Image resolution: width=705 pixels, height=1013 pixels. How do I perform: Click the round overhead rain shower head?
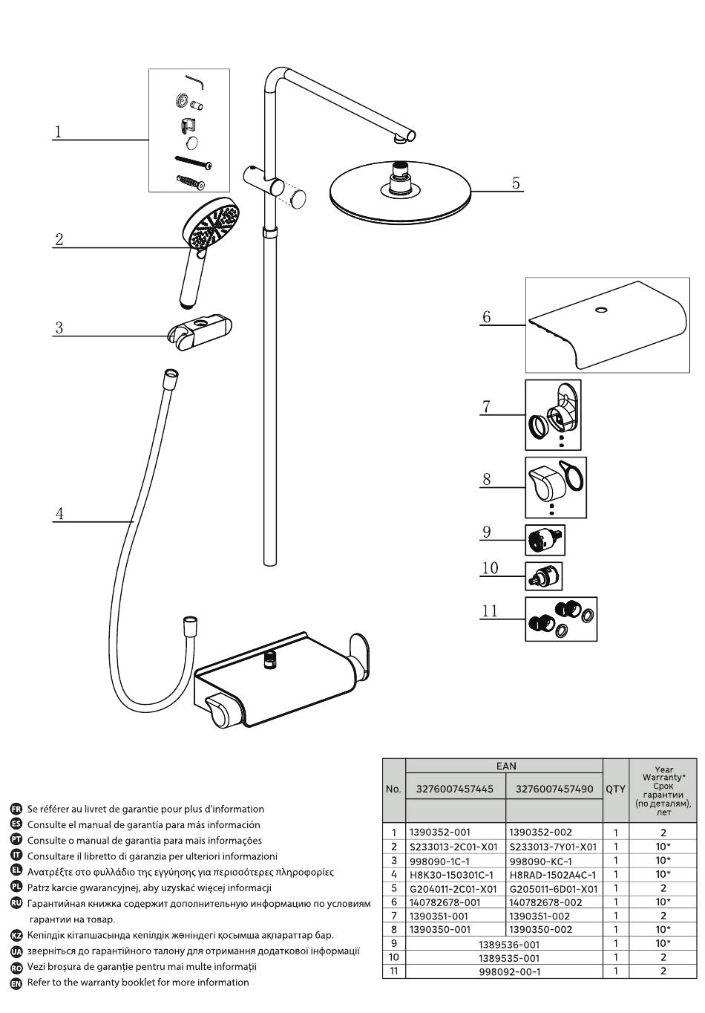pos(401,192)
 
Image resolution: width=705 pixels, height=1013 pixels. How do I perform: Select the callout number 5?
pos(516,183)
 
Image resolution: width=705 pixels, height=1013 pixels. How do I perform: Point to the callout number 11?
pos(490,611)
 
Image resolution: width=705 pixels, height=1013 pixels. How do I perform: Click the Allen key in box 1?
pos(196,82)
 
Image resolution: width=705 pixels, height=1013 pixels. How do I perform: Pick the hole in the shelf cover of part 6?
pos(602,310)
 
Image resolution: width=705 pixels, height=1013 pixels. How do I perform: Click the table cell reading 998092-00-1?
pos(509,972)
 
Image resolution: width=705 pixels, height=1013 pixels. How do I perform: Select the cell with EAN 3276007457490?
pos(554,789)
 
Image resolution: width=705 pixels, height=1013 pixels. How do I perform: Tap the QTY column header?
pos(615,789)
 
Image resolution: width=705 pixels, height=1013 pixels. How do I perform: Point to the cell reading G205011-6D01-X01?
pos(554,889)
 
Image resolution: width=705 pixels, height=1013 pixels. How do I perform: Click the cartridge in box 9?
pos(545,540)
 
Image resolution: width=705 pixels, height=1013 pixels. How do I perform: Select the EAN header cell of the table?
pos(505,766)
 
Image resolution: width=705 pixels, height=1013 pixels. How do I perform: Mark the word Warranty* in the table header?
pos(663,778)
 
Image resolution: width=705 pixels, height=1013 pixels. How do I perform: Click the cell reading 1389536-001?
pos(509,944)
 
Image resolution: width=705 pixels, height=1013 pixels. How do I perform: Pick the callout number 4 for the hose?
pos(59,514)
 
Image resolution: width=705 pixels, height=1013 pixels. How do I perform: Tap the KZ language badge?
pos(16,935)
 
